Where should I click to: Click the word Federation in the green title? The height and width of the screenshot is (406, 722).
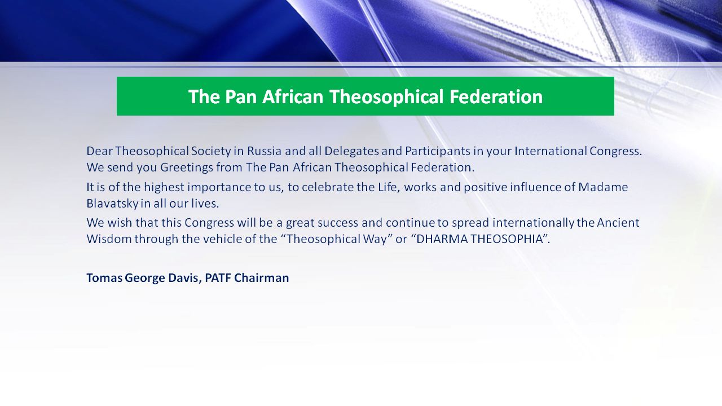pos(496,96)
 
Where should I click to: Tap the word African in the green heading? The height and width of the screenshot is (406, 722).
pos(293,96)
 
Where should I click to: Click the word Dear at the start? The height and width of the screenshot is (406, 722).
pos(100,151)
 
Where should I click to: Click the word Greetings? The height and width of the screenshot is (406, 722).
pos(187,168)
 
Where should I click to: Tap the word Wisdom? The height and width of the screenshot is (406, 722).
pos(109,239)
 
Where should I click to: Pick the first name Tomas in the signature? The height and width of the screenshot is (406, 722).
pos(104,278)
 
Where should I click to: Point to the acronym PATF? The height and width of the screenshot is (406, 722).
pos(218,278)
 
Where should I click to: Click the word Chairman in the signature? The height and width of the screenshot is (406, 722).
pos(261,278)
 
